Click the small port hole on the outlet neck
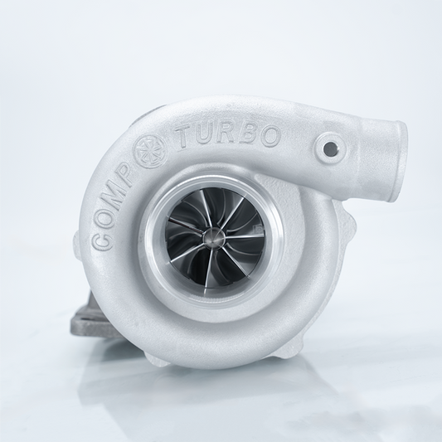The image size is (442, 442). tap(333, 150)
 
